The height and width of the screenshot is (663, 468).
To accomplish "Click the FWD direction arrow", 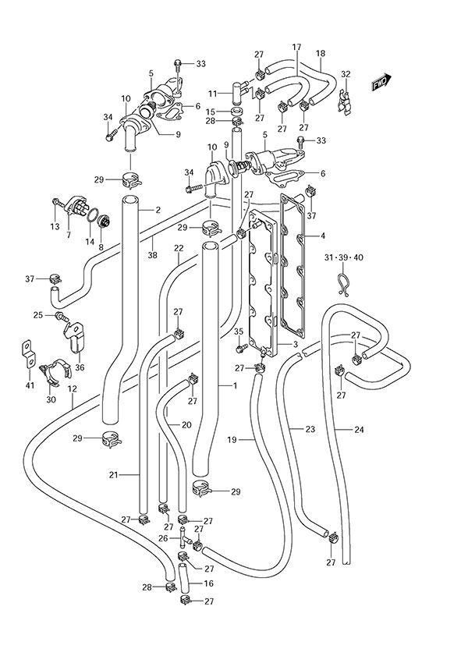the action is pyautogui.click(x=381, y=83).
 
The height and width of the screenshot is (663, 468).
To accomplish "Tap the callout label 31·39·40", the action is pyautogui.click(x=342, y=257).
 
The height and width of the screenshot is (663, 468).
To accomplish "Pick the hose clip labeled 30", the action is pyautogui.click(x=55, y=370).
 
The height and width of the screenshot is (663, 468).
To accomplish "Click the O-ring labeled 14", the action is pyautogui.click(x=94, y=215).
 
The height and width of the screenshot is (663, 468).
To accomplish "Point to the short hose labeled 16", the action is pyautogui.click(x=184, y=578).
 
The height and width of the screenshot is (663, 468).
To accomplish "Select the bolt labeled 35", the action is pyautogui.click(x=242, y=348).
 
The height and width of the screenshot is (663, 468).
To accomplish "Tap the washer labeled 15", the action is pyautogui.click(x=238, y=112).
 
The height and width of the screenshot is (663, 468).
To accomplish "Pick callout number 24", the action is pyautogui.click(x=359, y=430).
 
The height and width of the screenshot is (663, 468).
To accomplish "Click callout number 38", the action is pyautogui.click(x=153, y=255).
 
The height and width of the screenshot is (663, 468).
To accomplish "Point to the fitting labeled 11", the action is pyautogui.click(x=239, y=89).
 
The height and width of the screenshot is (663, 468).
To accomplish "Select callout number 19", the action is pyautogui.click(x=232, y=440).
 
